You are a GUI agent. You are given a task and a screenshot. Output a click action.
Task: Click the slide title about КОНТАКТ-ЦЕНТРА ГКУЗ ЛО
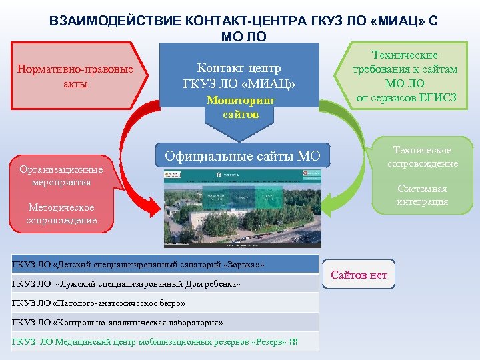click(243, 27)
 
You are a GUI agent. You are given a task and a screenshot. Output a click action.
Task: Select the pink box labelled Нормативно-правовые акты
click(75, 77)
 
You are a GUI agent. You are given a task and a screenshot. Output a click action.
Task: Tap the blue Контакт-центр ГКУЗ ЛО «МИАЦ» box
click(240, 77)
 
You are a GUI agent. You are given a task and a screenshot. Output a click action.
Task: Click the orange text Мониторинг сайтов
click(241, 107)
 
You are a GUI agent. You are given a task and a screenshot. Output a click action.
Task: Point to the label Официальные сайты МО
click(242, 157)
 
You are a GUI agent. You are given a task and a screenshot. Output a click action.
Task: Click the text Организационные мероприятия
click(61, 175)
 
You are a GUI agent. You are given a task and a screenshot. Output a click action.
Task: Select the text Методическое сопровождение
click(61, 214)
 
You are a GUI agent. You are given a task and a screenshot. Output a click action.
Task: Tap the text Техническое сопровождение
click(422, 157)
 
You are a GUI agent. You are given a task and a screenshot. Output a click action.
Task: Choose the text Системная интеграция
click(422, 195)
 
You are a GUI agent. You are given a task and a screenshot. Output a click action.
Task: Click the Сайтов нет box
click(359, 275)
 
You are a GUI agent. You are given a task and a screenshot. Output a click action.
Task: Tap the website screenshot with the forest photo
click(243, 207)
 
